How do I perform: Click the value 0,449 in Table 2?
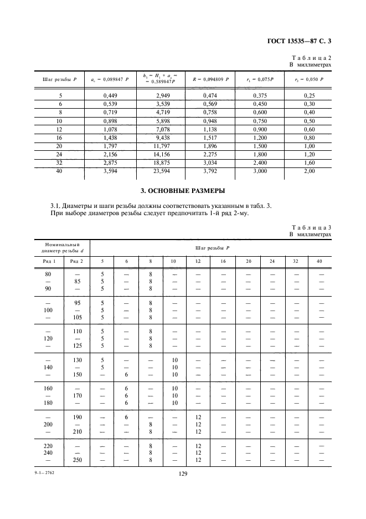[111, 95]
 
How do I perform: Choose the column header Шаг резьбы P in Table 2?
[60, 80]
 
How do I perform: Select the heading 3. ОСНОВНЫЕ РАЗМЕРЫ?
[183, 192]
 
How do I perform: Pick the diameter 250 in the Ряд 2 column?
[76, 460]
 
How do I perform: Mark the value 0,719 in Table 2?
[111, 112]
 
